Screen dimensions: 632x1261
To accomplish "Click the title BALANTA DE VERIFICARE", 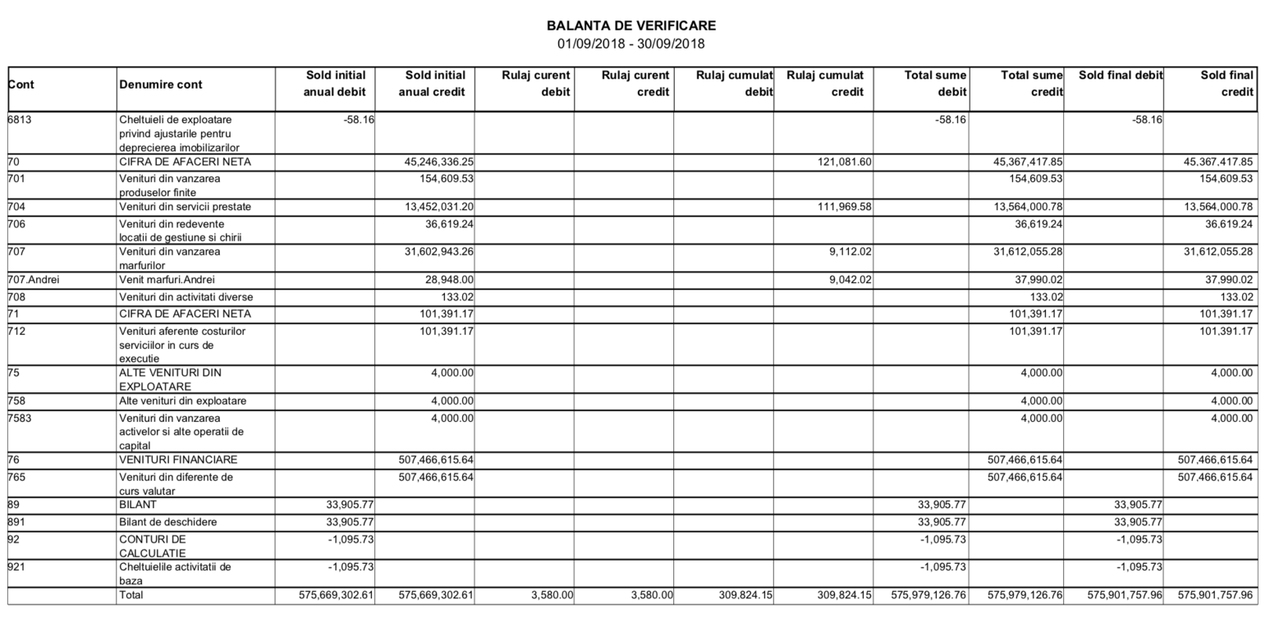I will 630,26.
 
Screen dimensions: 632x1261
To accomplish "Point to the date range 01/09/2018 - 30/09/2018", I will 630,44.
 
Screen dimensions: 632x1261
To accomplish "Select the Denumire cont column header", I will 161,85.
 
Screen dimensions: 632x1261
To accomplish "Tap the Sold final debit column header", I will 1121,76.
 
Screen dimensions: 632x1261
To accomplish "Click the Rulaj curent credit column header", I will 635,84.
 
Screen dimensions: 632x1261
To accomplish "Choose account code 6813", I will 21,120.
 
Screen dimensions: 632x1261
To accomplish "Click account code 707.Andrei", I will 34,280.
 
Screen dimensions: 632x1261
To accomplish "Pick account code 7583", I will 21,418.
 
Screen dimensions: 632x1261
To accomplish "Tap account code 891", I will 18,522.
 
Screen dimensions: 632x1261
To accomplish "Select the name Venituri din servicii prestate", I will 186,207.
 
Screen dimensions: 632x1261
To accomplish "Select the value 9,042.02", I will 848,280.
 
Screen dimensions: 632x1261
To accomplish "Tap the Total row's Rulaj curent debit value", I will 552,595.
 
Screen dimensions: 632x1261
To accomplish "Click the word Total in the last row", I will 131,595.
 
